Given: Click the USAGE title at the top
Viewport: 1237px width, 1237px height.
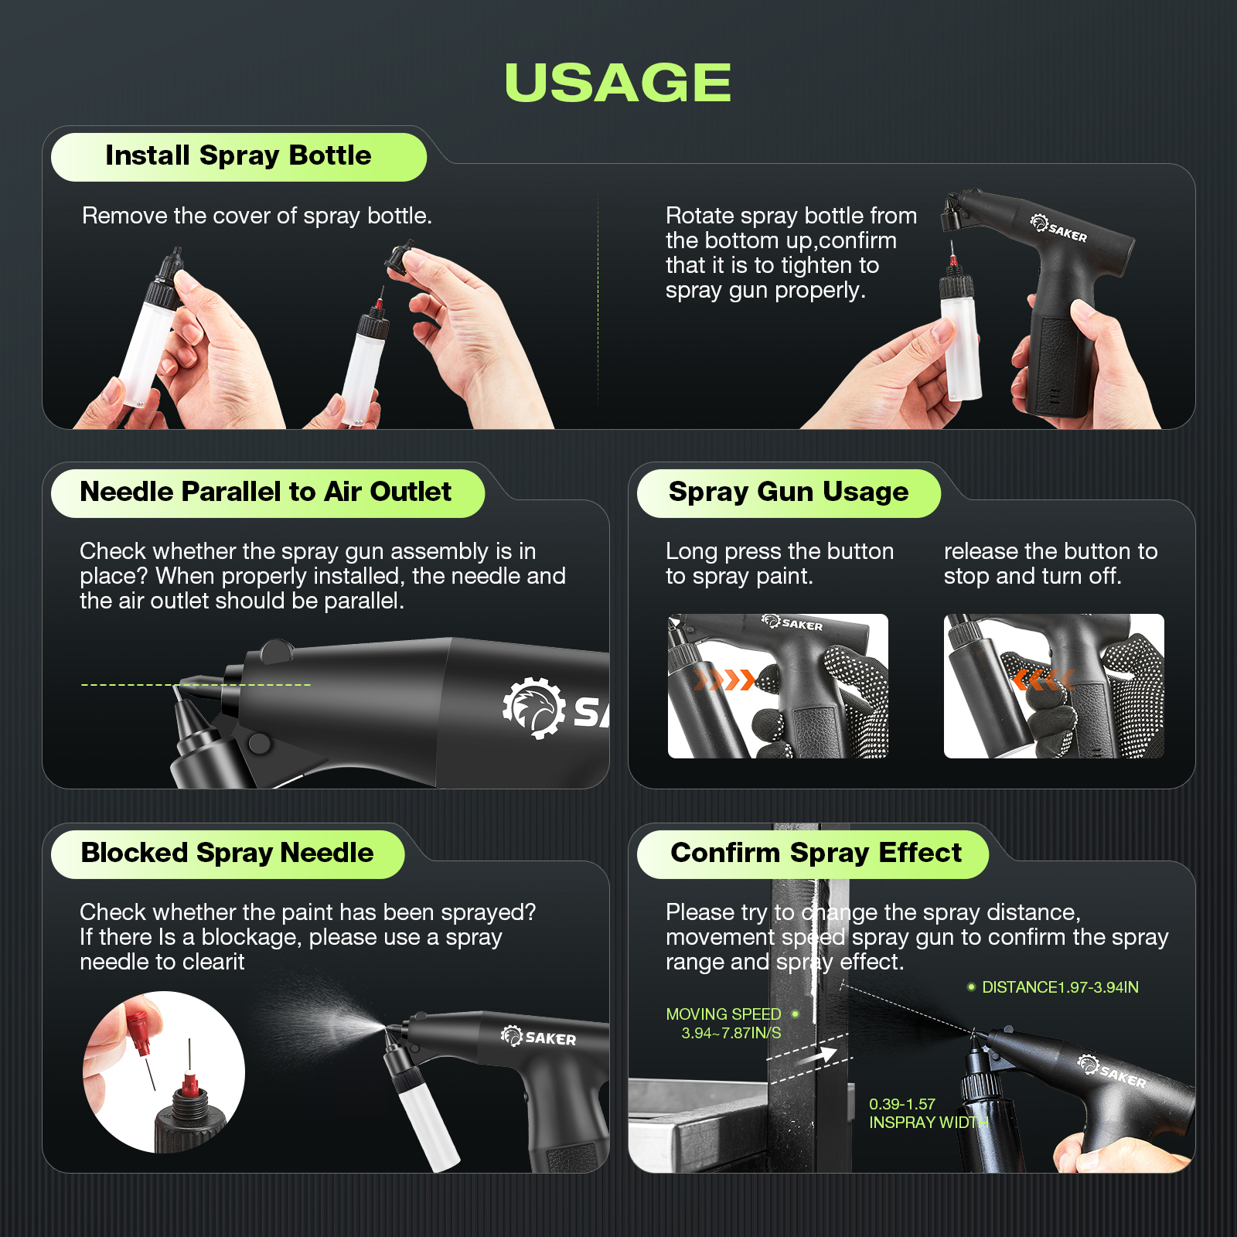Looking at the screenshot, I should tap(618, 83).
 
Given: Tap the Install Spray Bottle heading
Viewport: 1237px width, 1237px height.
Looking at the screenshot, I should tap(238, 156).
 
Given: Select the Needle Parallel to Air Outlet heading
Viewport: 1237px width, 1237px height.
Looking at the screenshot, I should tap(265, 492).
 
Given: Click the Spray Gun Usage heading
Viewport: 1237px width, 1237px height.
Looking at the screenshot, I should tap(788, 492).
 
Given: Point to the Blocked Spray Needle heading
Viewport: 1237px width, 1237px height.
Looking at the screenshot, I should tap(227, 854).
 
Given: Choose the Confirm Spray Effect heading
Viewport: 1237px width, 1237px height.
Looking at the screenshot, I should tap(816, 854).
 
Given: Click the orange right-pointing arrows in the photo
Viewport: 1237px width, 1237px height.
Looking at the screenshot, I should tap(724, 680).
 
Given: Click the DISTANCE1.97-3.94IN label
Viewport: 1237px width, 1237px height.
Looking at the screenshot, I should tap(1059, 987).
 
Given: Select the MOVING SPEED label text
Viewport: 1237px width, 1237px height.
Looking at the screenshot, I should tap(724, 1014).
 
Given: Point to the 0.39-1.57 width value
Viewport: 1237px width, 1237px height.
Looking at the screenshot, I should tap(901, 1105).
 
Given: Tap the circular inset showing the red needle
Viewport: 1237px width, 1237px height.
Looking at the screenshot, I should tap(164, 1072).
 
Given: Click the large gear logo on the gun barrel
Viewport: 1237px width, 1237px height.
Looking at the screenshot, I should tap(533, 708).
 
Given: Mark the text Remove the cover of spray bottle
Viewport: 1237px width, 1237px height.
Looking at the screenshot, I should tap(257, 216).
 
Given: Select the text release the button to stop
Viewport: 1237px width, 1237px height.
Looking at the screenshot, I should tap(1050, 564).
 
